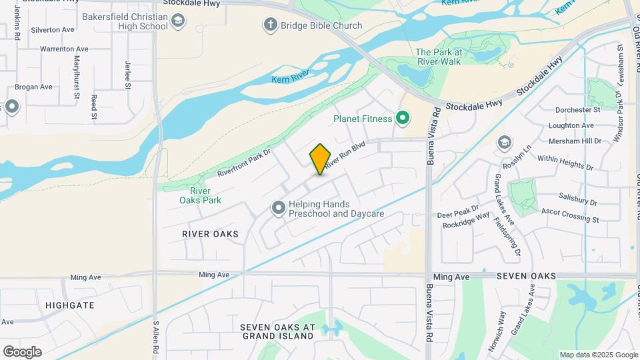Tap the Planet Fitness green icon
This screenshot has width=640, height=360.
[402, 119]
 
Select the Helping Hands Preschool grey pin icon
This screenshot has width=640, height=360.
[278, 209]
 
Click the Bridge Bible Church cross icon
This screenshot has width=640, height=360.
[270, 26]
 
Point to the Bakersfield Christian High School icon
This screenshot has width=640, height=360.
[177, 22]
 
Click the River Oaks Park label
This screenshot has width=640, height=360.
[200, 195]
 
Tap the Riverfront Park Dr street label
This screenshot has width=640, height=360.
[245, 163]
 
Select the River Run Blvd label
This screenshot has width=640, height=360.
[346, 153]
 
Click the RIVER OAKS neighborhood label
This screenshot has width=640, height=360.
[210, 234]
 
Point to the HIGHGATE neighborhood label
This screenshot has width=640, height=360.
[69, 305]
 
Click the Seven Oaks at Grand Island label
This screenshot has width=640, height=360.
[277, 331]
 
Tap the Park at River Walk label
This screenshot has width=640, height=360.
[438, 57]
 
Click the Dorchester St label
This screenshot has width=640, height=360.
[579, 109]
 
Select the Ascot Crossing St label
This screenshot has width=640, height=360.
[570, 219]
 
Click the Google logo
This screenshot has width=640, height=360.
[22, 351]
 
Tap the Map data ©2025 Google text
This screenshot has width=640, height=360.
[598, 355]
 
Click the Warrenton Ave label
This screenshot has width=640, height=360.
[64, 49]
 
